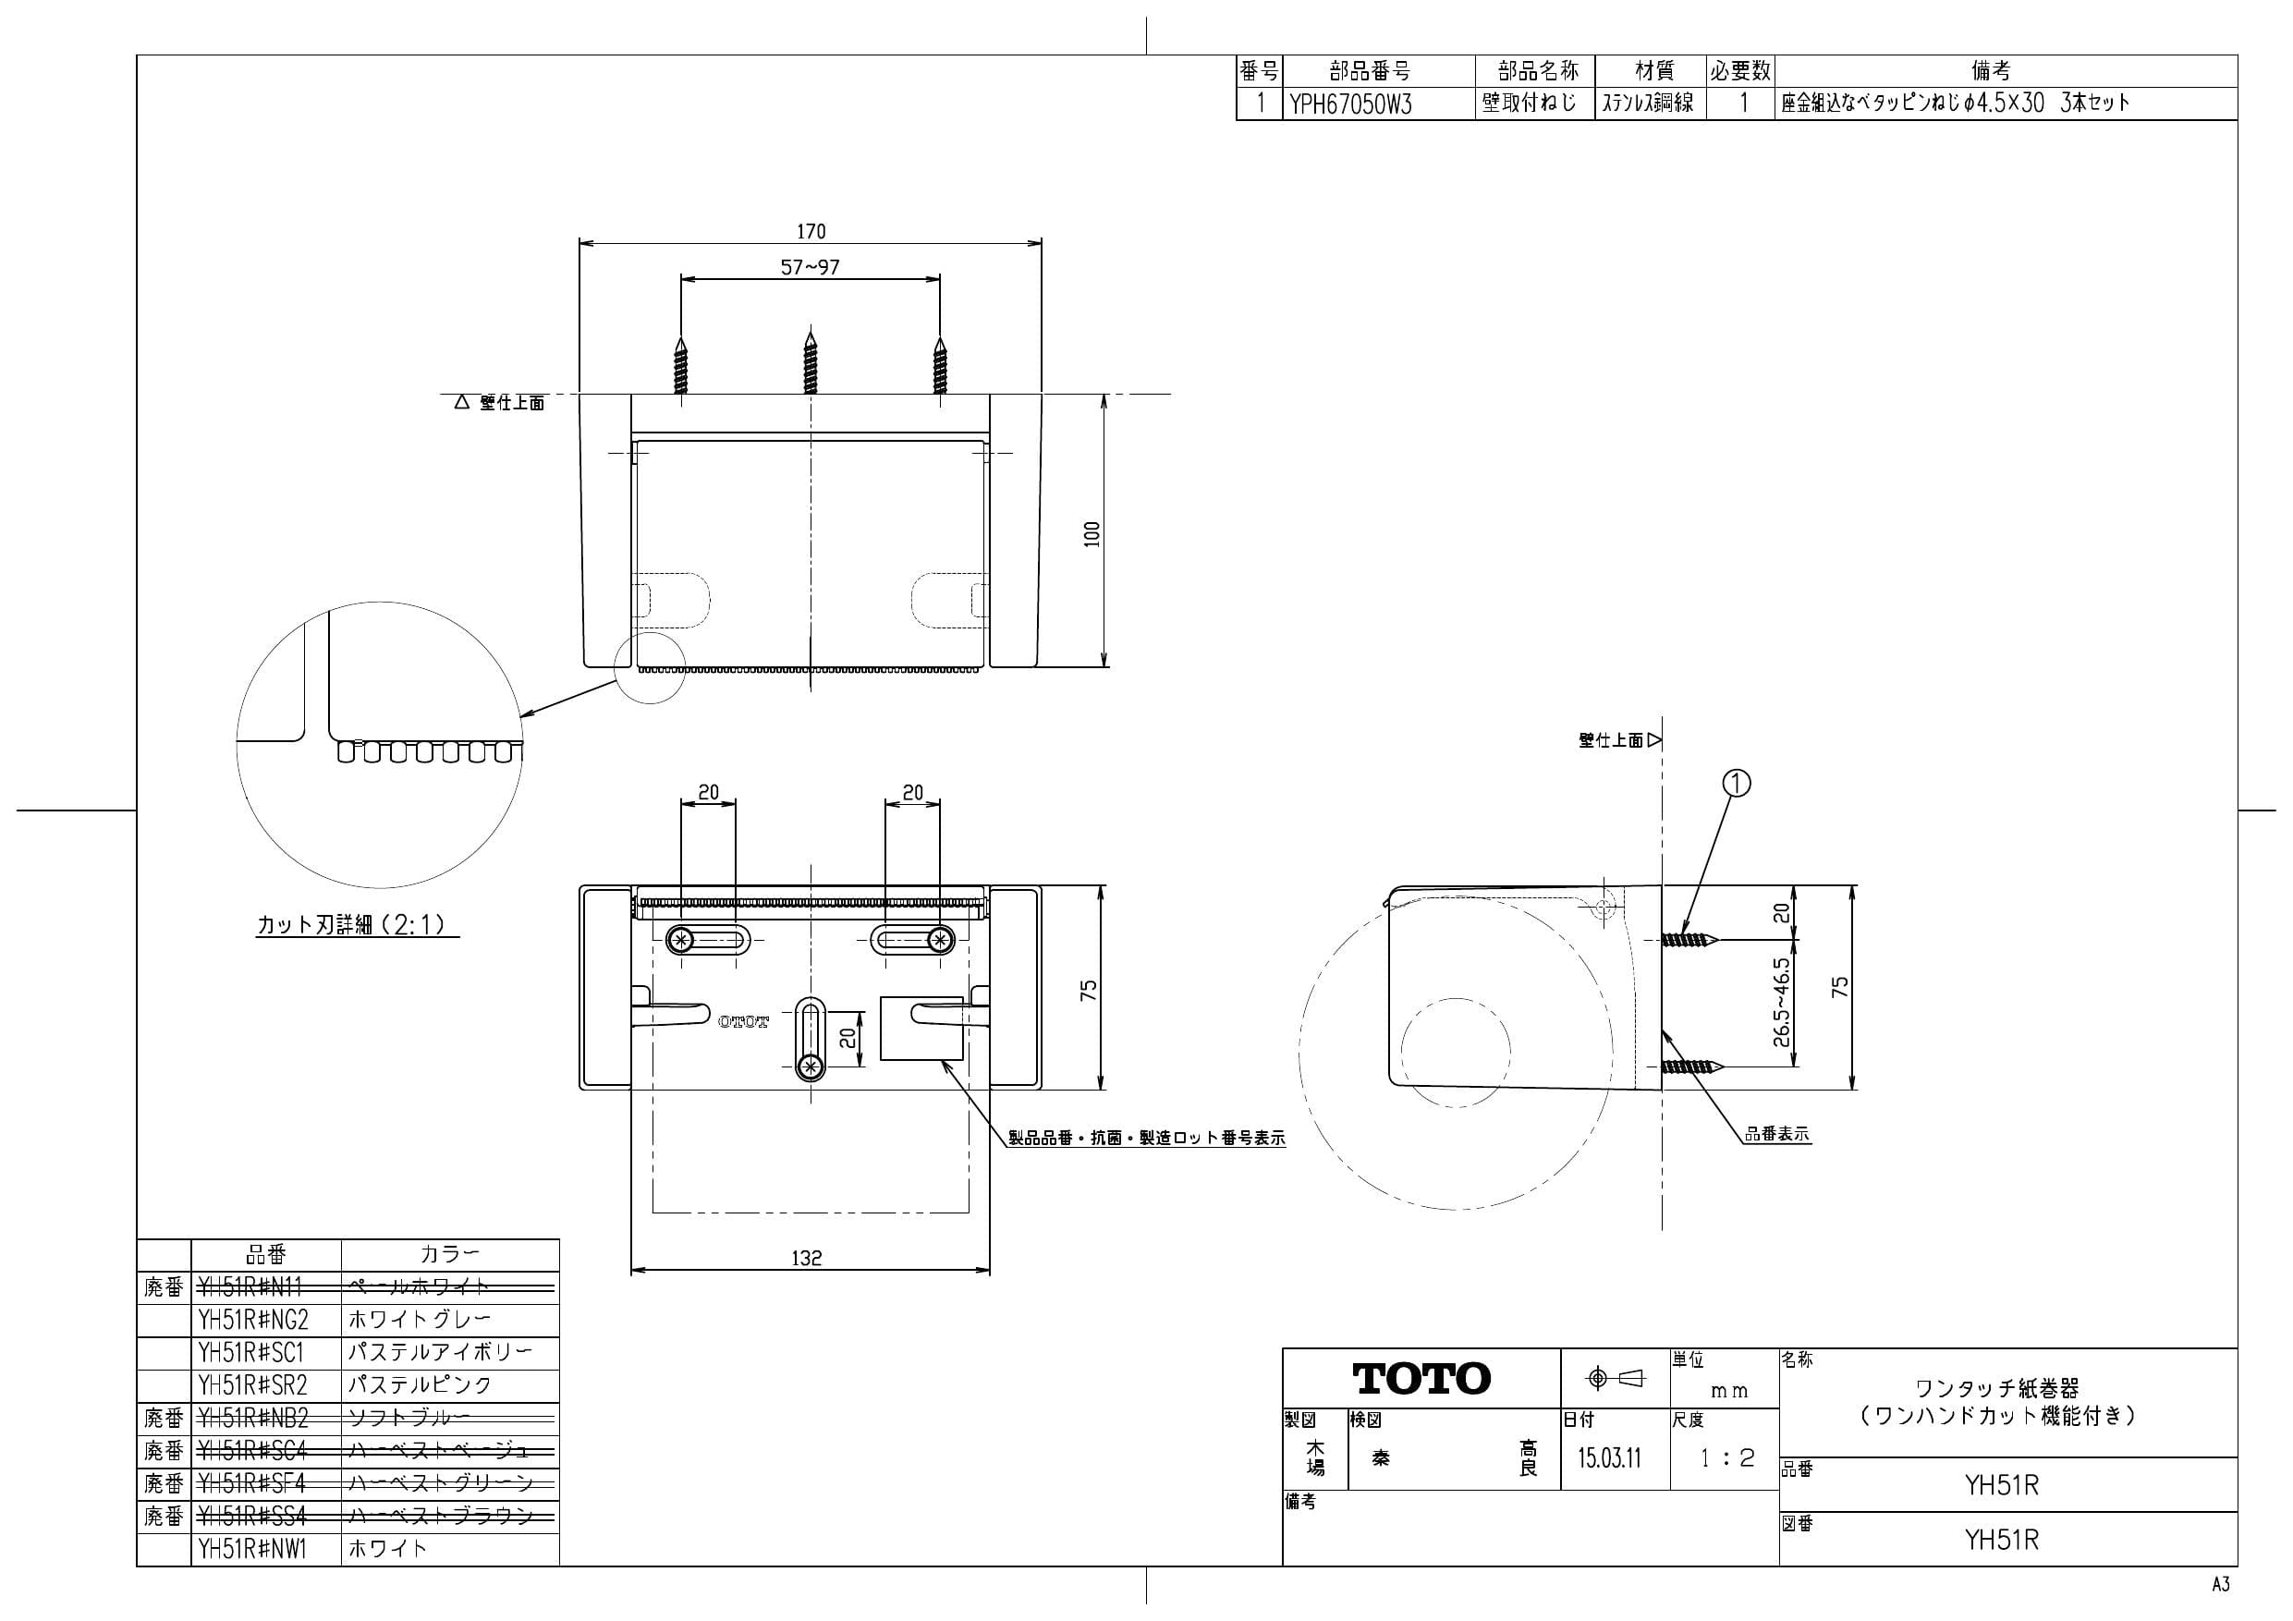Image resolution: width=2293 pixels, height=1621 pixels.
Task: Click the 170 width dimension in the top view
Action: pos(810,232)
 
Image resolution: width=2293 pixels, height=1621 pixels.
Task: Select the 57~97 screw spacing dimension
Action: pos(810,268)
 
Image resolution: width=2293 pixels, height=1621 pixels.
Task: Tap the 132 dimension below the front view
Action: pos(806,1259)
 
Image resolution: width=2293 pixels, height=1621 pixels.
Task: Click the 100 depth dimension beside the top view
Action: pos(1092,533)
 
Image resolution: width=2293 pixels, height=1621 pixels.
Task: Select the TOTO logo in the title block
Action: pos(1421,1379)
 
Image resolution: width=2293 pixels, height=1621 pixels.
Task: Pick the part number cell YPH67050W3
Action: pos(1350,104)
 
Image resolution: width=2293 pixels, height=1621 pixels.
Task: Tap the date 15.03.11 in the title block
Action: pos(1609,1458)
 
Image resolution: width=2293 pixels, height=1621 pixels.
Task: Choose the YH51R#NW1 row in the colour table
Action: pos(252,1549)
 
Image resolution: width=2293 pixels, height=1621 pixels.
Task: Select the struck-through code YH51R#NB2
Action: pos(252,1419)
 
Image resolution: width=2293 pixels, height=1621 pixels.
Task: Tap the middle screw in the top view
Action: pos(810,361)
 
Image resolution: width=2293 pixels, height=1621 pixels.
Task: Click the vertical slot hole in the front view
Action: pos(810,1040)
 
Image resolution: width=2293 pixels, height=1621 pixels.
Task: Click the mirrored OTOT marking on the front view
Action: pos(744,1022)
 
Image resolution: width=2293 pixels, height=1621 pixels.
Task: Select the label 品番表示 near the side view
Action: pos(1776,1135)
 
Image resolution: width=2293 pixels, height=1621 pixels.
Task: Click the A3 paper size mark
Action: pos(2220,1585)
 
